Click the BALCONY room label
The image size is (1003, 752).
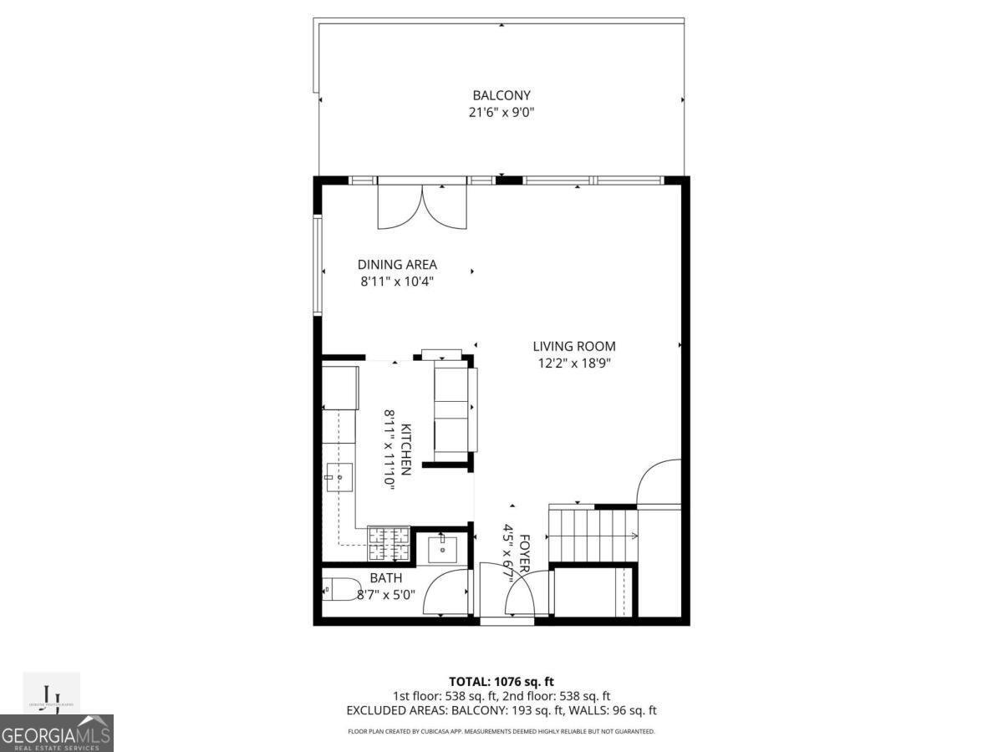tap(501, 95)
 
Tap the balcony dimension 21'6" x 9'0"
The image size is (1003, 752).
tap(501, 112)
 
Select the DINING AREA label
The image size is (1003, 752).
tap(397, 265)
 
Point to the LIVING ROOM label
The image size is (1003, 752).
tap(574, 346)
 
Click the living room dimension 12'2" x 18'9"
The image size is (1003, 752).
tap(574, 363)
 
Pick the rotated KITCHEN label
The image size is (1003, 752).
tap(406, 450)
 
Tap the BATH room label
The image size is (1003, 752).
tap(385, 577)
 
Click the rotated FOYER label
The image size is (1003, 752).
tap(525, 553)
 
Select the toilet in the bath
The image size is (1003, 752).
tap(339, 589)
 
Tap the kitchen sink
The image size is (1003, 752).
tap(339, 477)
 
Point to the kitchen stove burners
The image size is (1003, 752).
tap(389, 543)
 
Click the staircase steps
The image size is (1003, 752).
tap(592, 536)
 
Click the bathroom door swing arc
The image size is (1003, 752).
tap(445, 592)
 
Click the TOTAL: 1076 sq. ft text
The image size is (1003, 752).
tap(501, 681)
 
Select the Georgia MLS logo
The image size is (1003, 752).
tap(56, 732)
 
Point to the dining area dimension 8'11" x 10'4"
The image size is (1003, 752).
tap(397, 282)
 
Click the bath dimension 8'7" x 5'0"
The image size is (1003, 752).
tap(385, 595)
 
